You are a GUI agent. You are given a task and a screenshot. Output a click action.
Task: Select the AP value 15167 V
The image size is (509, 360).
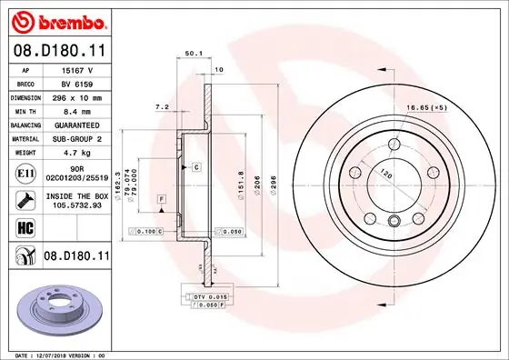pos(76,70)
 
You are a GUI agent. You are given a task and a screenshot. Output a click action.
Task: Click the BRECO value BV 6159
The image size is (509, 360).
pos(76,84)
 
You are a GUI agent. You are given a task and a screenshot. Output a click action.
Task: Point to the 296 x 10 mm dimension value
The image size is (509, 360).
pos(76,97)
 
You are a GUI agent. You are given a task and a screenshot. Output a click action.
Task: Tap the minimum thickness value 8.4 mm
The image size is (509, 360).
pos(76,111)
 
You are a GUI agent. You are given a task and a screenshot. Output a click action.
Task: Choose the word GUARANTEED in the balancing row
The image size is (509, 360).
pos(76,125)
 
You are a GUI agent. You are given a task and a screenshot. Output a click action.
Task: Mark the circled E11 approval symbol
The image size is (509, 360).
pos(25,174)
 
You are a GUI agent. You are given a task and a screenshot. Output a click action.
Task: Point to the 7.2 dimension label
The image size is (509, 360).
pos(162,106)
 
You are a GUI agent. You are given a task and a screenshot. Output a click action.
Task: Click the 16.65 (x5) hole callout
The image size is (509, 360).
pos(452,106)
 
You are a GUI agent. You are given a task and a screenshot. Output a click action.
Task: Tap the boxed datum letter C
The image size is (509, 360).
pos(195,168)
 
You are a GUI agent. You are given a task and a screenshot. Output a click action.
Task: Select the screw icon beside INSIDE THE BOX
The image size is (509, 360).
pos(25,199)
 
